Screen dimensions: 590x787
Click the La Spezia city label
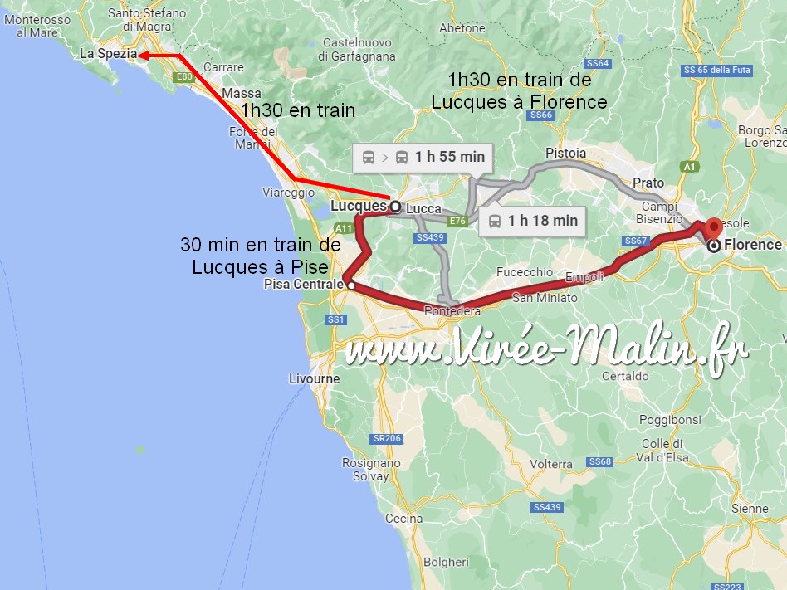click(108, 54)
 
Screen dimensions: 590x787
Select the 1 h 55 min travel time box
click(423, 156)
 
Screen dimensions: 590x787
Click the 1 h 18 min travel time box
click(532, 220)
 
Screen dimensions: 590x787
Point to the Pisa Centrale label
click(303, 285)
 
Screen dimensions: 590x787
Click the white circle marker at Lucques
click(394, 206)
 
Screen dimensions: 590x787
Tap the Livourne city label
click(314, 378)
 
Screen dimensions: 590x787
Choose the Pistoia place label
click(565, 154)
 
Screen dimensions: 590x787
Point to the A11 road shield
click(344, 227)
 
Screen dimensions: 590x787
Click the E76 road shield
click(457, 221)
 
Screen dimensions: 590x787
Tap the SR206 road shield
click(388, 438)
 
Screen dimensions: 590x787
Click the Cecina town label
click(404, 519)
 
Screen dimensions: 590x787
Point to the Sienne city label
click(749, 508)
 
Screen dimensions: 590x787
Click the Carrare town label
click(223, 67)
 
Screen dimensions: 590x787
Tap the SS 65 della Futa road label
click(717, 70)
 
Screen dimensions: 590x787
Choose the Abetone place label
click(462, 27)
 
